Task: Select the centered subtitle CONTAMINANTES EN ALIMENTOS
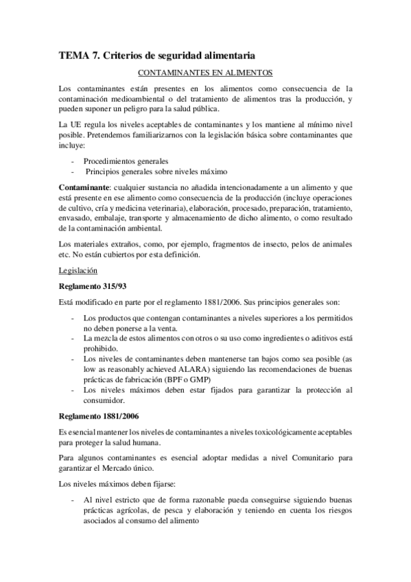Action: click(206, 72)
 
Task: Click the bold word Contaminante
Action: click(83, 188)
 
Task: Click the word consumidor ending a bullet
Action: click(104, 400)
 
